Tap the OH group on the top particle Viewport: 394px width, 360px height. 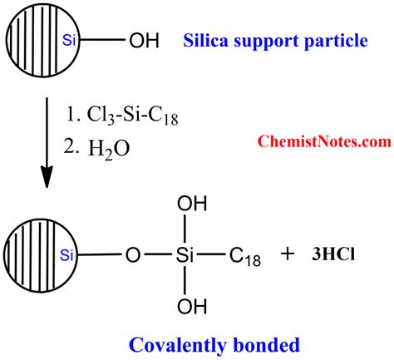click(141, 39)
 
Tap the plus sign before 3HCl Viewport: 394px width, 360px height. click(288, 256)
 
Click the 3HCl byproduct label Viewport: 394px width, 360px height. click(337, 256)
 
